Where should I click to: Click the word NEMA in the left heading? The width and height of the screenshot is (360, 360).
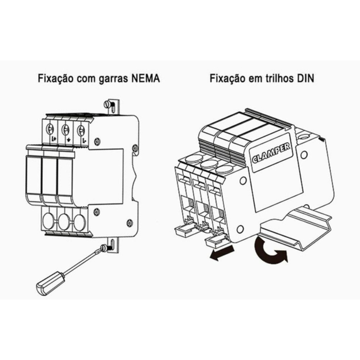(x=146, y=78)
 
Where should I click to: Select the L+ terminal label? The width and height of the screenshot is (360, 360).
(x=54, y=139)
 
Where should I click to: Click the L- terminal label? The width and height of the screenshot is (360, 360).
(x=84, y=139)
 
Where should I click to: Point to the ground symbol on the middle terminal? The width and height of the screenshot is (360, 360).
(x=69, y=139)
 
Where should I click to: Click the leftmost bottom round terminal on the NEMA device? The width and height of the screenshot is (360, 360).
(x=49, y=221)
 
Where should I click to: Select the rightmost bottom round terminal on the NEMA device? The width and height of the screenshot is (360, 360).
(x=80, y=222)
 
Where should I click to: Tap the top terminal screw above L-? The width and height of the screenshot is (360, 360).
(x=81, y=130)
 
